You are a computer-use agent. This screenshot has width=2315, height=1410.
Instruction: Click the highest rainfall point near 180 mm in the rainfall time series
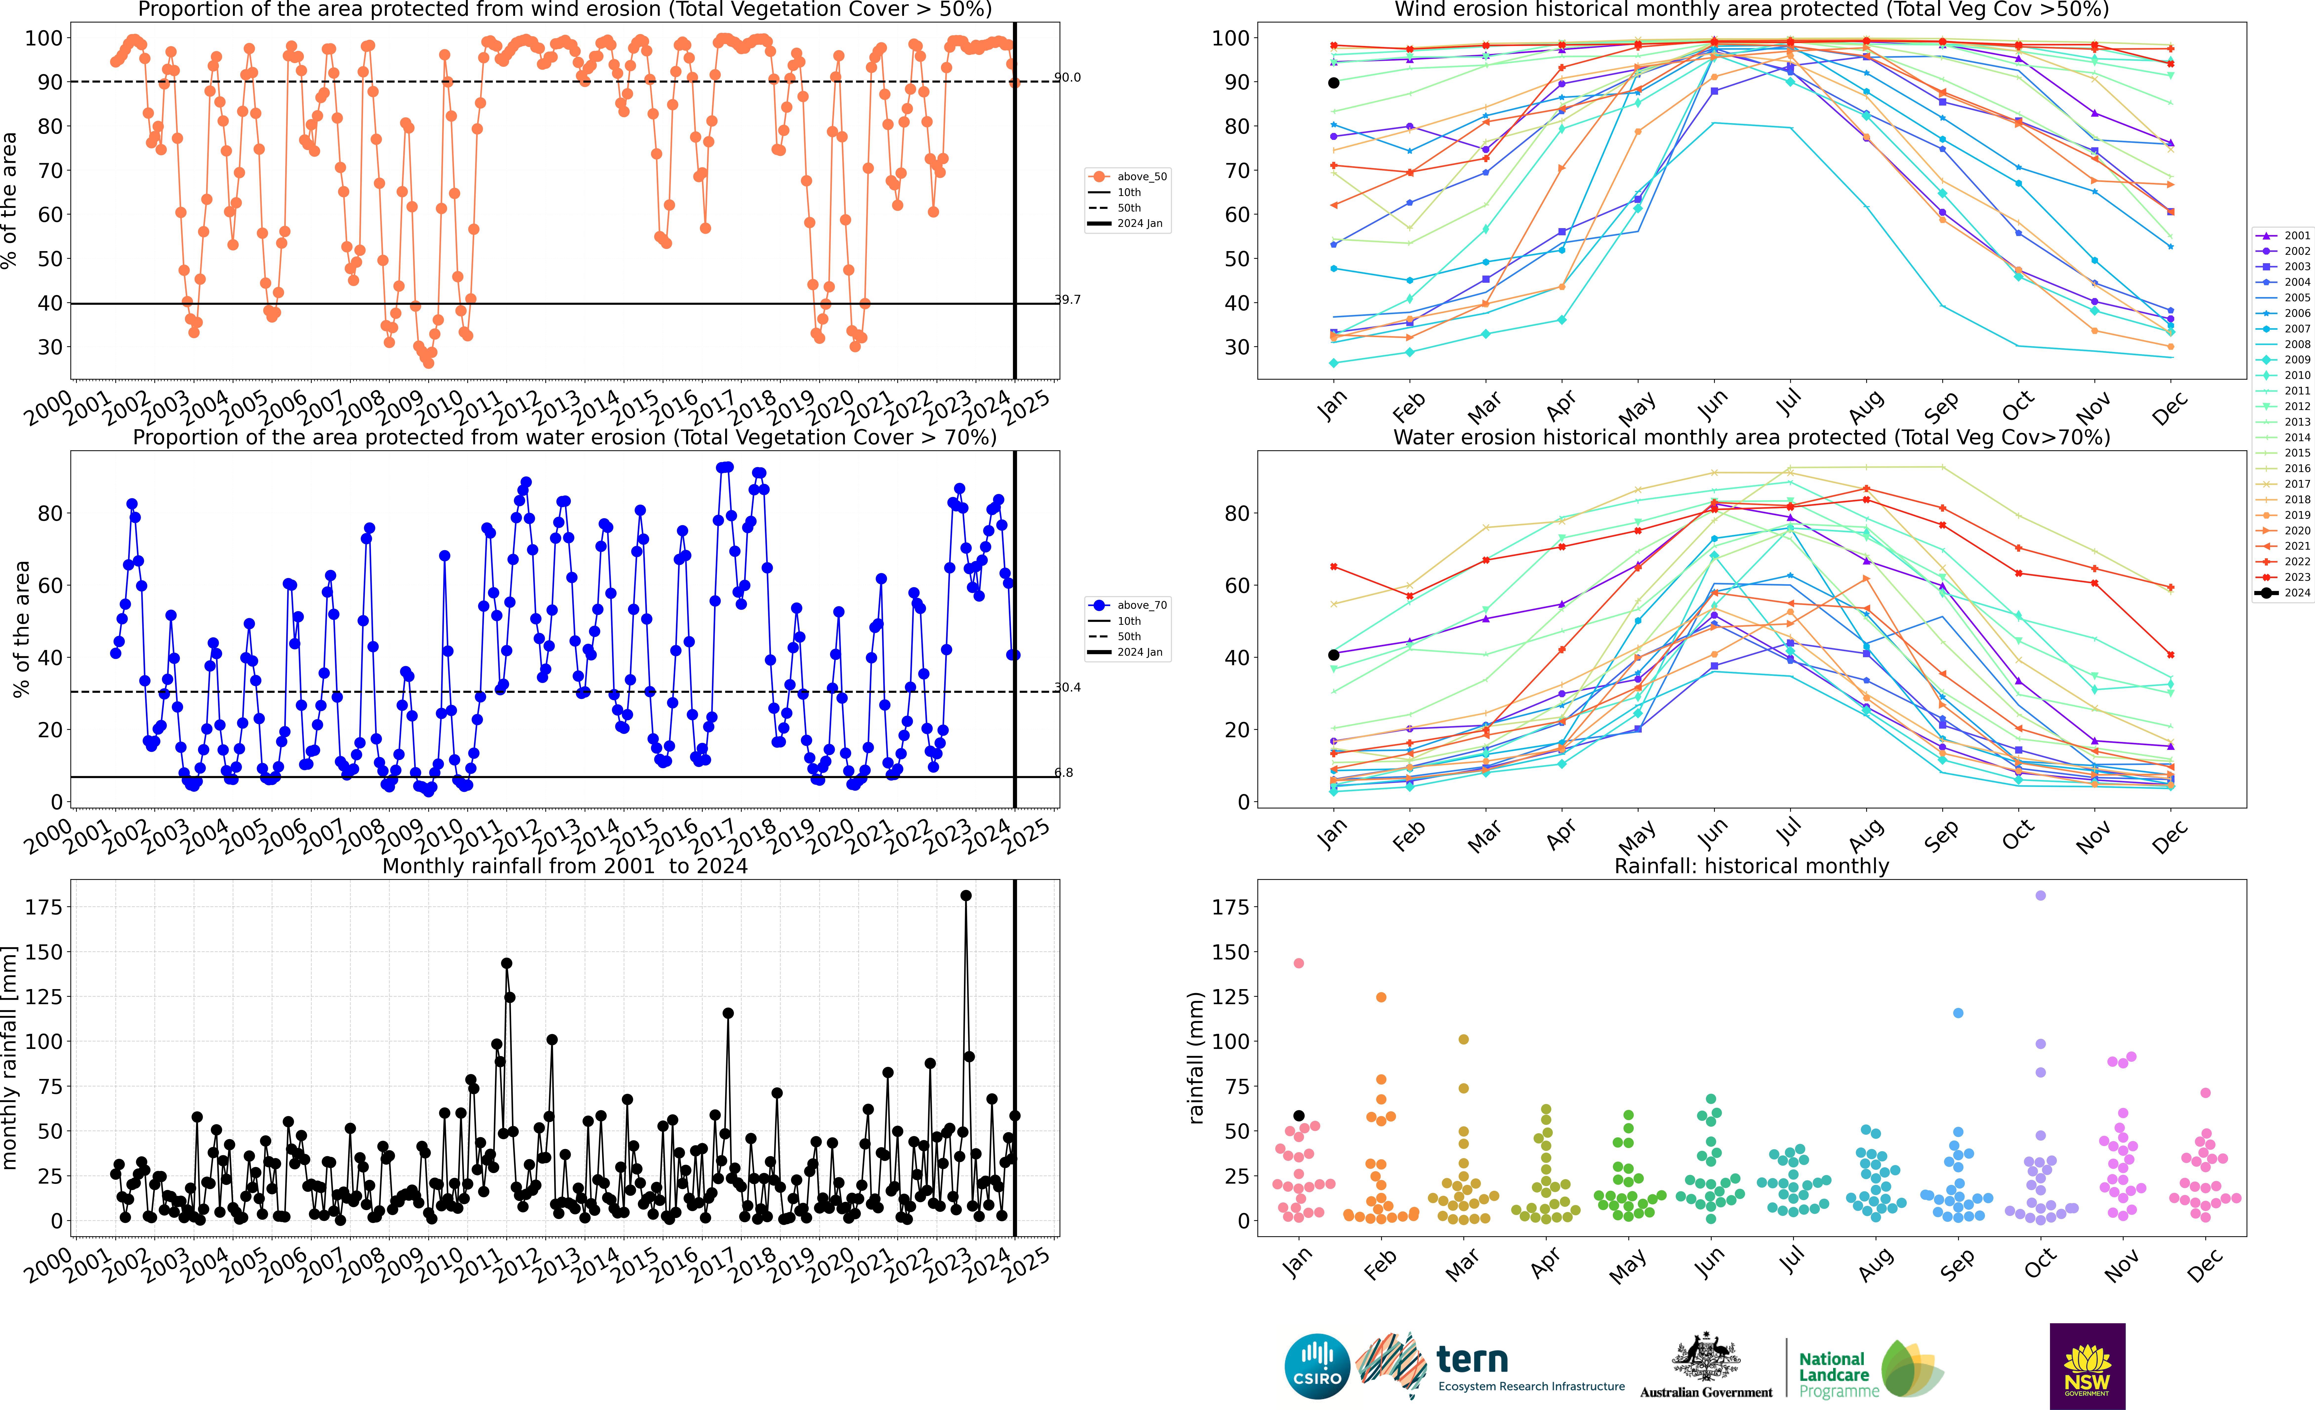[x=966, y=896]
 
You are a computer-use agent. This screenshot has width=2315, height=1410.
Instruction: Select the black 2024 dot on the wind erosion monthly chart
[x=1333, y=83]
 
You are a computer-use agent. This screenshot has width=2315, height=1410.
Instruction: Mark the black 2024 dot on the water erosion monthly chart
[x=1333, y=655]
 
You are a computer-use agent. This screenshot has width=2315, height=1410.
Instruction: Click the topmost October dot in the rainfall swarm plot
[x=2041, y=896]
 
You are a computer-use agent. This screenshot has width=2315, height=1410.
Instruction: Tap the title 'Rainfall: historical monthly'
[x=1751, y=866]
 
